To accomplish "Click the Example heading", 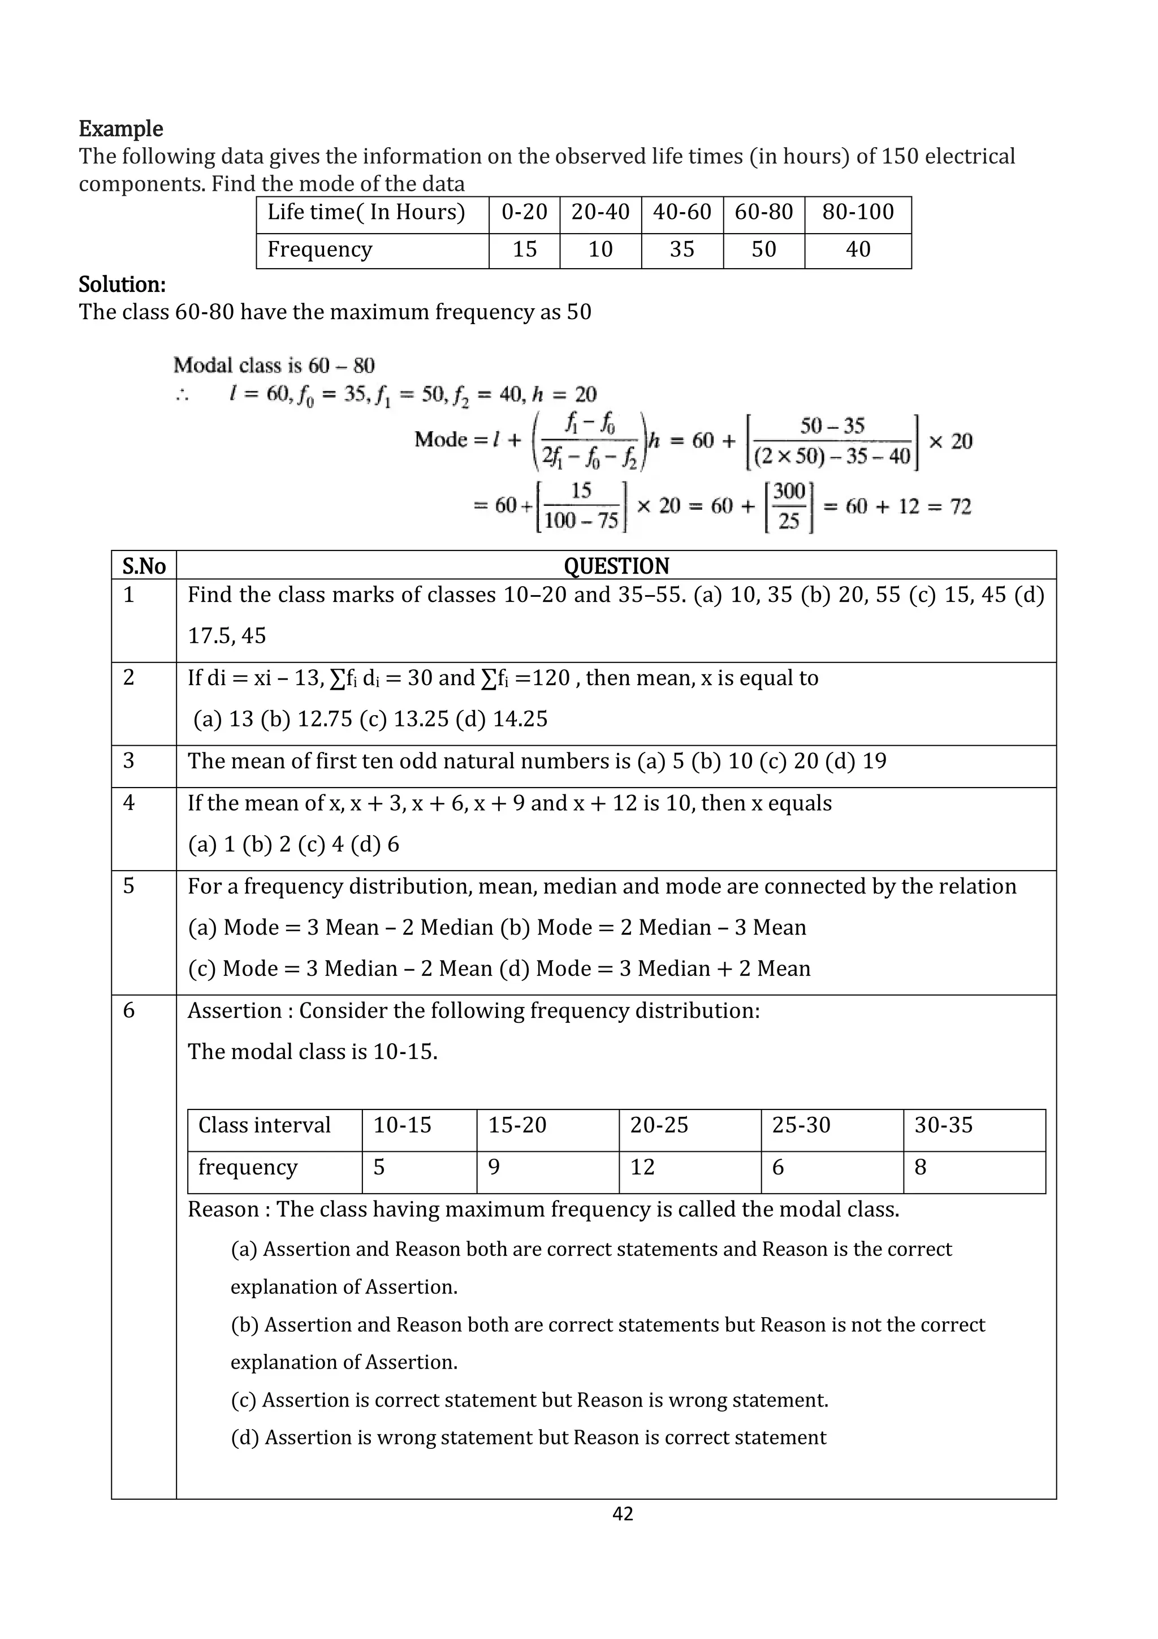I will (120, 129).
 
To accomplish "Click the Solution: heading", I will (122, 285).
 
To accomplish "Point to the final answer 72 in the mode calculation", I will (960, 506).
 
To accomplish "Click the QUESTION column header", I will (616, 566).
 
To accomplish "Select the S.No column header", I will (144, 566).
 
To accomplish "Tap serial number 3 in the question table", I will (128, 760).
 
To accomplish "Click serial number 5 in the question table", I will (128, 886).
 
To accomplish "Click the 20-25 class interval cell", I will (659, 1125).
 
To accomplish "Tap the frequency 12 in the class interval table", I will (642, 1167).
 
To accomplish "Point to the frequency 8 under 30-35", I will (921, 1167).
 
